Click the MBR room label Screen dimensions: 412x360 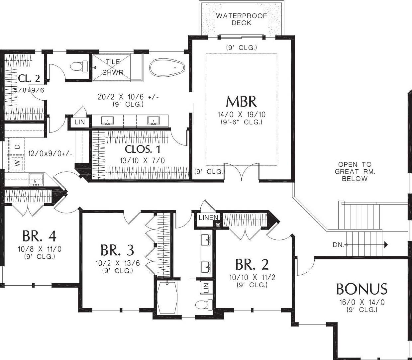(x=241, y=101)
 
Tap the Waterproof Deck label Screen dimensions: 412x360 (x=242, y=19)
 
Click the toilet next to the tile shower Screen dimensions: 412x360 (x=79, y=66)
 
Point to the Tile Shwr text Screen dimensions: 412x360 (x=113, y=67)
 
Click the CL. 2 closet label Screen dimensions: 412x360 (x=29, y=78)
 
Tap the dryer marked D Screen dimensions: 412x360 (x=18, y=146)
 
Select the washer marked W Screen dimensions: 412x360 (x=18, y=163)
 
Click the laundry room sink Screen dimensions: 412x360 (x=36, y=179)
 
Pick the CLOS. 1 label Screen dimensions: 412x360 (x=143, y=149)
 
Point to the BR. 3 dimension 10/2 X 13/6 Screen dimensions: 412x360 (x=117, y=263)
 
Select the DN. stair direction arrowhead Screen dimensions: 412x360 (x=386, y=245)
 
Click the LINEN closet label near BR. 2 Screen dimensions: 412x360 (x=208, y=218)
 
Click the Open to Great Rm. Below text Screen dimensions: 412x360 (x=355, y=172)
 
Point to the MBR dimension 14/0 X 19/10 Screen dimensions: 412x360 (x=242, y=115)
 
